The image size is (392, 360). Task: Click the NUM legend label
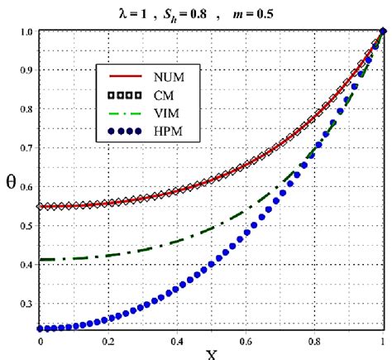pyautogui.click(x=173, y=78)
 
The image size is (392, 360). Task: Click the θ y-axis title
pyautogui.click(x=11, y=181)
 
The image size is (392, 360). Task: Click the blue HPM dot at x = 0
pyautogui.click(x=41, y=329)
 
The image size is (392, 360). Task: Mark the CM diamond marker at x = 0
pyautogui.click(x=41, y=206)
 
